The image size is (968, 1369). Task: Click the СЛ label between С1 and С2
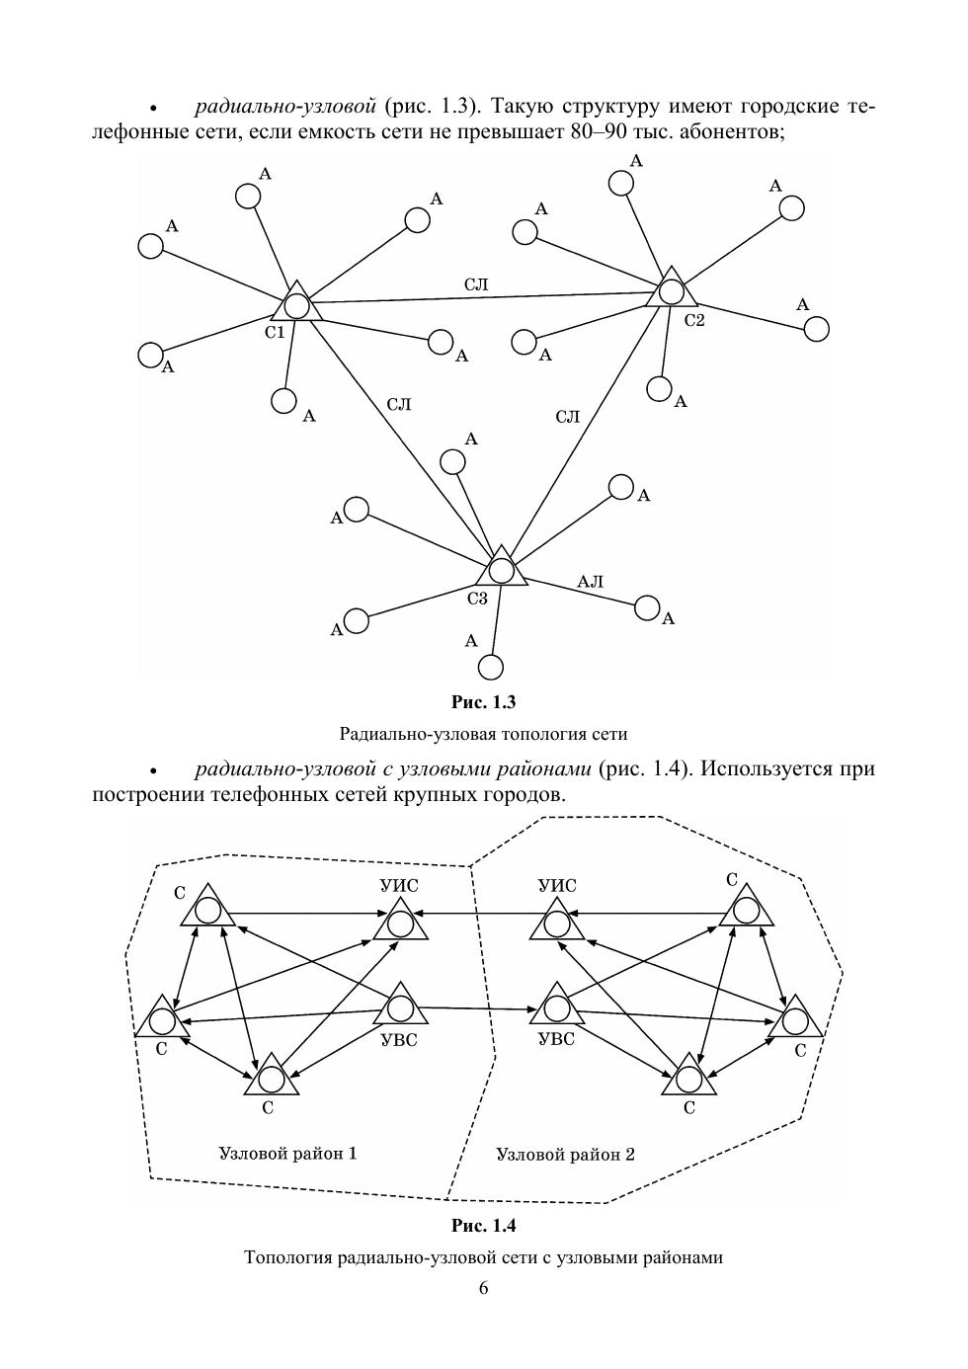(x=476, y=284)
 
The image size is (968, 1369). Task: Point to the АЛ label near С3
(x=590, y=582)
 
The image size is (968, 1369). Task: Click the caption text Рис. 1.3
(x=483, y=702)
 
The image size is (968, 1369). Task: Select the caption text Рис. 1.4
(x=483, y=1226)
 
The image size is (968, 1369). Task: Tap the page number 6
(x=483, y=1287)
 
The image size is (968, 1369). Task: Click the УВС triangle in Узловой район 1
(x=400, y=1007)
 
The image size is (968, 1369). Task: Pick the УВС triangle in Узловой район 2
(x=557, y=1007)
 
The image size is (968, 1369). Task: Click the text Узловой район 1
(x=287, y=1153)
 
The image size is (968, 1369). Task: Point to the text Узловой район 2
(x=565, y=1154)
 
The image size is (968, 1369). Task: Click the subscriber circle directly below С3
(x=491, y=668)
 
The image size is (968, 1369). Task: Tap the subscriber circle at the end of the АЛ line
(x=647, y=607)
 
